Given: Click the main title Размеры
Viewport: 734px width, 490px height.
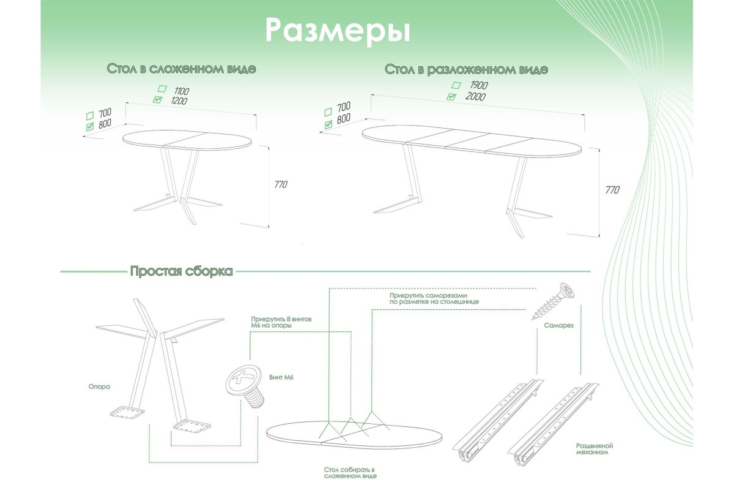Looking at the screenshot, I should (337, 29).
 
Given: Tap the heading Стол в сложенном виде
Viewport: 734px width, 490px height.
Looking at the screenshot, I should (181, 69).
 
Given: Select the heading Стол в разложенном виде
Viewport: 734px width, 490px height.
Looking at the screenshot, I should (466, 69).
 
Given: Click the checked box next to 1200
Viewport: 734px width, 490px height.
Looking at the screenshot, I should (158, 100).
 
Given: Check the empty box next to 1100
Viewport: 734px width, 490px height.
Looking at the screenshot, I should (161, 89).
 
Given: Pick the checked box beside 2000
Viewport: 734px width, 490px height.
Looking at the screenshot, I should (451, 96).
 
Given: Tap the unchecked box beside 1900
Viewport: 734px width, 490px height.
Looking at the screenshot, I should (456, 85).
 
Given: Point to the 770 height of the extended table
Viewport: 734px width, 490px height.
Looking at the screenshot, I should (612, 190).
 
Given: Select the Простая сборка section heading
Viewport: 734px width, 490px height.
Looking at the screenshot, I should (181, 271).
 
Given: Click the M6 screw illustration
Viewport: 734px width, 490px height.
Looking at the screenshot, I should (245, 386).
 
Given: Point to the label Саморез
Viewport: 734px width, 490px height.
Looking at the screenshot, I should (558, 326).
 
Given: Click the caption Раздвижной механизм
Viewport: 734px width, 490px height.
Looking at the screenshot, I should (594, 450).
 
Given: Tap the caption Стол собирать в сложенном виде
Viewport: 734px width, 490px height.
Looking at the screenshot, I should (350, 472).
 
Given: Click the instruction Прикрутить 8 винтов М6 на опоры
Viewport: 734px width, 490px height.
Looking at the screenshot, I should (276, 323).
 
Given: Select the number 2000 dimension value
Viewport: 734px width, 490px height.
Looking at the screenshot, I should (475, 97).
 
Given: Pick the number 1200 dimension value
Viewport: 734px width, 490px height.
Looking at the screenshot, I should (179, 100).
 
